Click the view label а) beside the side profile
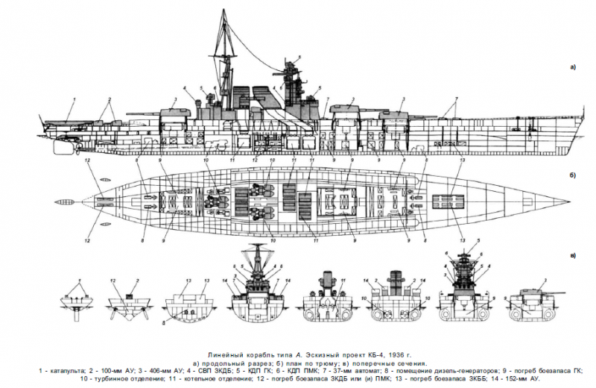[x=573, y=66]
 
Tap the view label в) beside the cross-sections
[x=573, y=256]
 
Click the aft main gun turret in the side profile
[x=174, y=113]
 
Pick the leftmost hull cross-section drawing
[x=75, y=302]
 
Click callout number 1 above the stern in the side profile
[x=74, y=99]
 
